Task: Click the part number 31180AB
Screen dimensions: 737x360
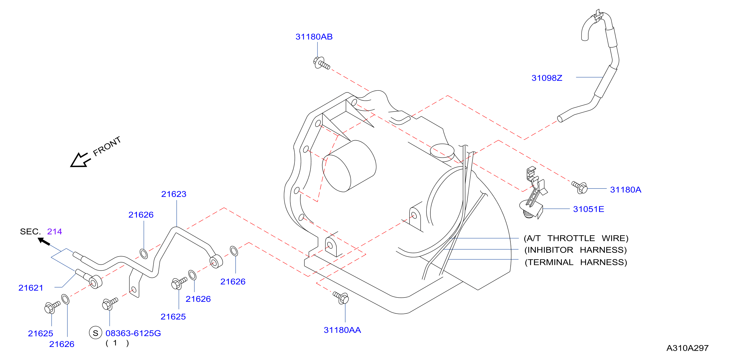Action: tap(314, 37)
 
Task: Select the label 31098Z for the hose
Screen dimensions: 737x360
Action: tap(547, 78)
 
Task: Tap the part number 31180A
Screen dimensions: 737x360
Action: tap(625, 190)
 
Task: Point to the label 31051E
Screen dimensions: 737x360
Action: tap(589, 209)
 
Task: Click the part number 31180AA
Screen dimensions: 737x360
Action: tap(342, 330)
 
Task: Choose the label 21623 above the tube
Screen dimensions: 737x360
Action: tap(174, 194)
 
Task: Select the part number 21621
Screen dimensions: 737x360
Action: tap(31, 288)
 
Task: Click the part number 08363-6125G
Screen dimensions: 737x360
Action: tap(133, 333)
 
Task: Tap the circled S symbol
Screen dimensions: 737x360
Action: tap(96, 333)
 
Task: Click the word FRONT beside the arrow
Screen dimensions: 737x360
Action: tap(107, 146)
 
